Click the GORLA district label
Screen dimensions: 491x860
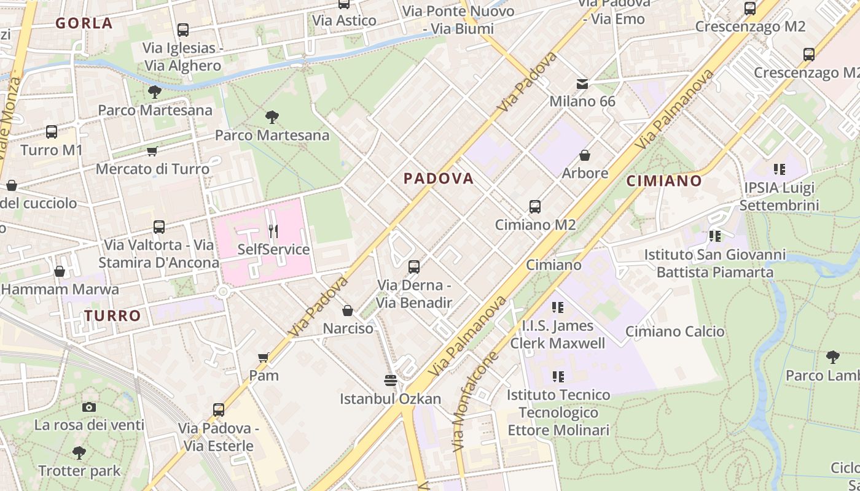(x=84, y=23)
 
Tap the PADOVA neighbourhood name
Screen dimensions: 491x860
(x=439, y=179)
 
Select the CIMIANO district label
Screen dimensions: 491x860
(x=664, y=181)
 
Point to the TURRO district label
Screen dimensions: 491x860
(x=112, y=316)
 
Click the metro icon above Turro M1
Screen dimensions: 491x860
(x=52, y=132)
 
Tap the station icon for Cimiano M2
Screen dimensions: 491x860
(x=535, y=207)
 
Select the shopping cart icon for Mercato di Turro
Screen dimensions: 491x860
(x=152, y=151)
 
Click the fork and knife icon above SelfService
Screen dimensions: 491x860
(x=273, y=231)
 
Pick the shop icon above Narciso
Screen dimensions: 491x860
(x=348, y=311)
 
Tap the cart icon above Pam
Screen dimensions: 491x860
(x=264, y=357)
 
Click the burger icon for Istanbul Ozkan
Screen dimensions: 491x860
(x=390, y=381)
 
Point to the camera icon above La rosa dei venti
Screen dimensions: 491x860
(x=89, y=407)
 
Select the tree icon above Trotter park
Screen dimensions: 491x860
(x=79, y=453)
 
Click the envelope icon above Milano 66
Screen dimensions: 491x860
(x=582, y=83)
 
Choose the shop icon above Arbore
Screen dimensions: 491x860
(x=585, y=155)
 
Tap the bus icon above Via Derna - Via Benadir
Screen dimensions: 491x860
(x=414, y=267)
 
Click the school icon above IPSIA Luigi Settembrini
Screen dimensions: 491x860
(x=780, y=169)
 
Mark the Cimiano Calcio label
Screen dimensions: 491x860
(x=674, y=331)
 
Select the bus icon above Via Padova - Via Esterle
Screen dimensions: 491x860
(x=219, y=409)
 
